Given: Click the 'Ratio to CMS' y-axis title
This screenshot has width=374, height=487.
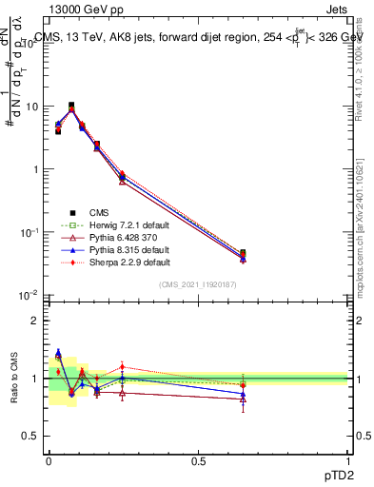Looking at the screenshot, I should [14, 379].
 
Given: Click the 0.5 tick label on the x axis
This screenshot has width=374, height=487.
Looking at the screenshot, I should [198, 461].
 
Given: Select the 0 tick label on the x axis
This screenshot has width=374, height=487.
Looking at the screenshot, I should [49, 461].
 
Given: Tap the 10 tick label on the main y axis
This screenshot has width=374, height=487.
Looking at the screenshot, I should [30, 107].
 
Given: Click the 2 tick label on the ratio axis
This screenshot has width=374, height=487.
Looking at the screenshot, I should [35, 321].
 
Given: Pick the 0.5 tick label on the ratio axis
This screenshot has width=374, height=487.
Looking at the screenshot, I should [30, 436].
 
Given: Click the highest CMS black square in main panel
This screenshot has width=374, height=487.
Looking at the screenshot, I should [71, 106].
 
